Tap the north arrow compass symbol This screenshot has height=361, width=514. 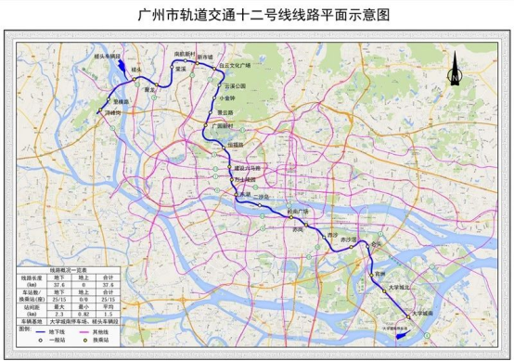[x=455, y=68]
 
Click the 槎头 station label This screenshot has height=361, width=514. [x=137, y=70]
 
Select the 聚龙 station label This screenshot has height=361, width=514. [x=151, y=91]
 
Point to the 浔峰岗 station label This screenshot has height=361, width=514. [x=113, y=113]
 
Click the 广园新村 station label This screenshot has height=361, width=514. [x=225, y=123]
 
